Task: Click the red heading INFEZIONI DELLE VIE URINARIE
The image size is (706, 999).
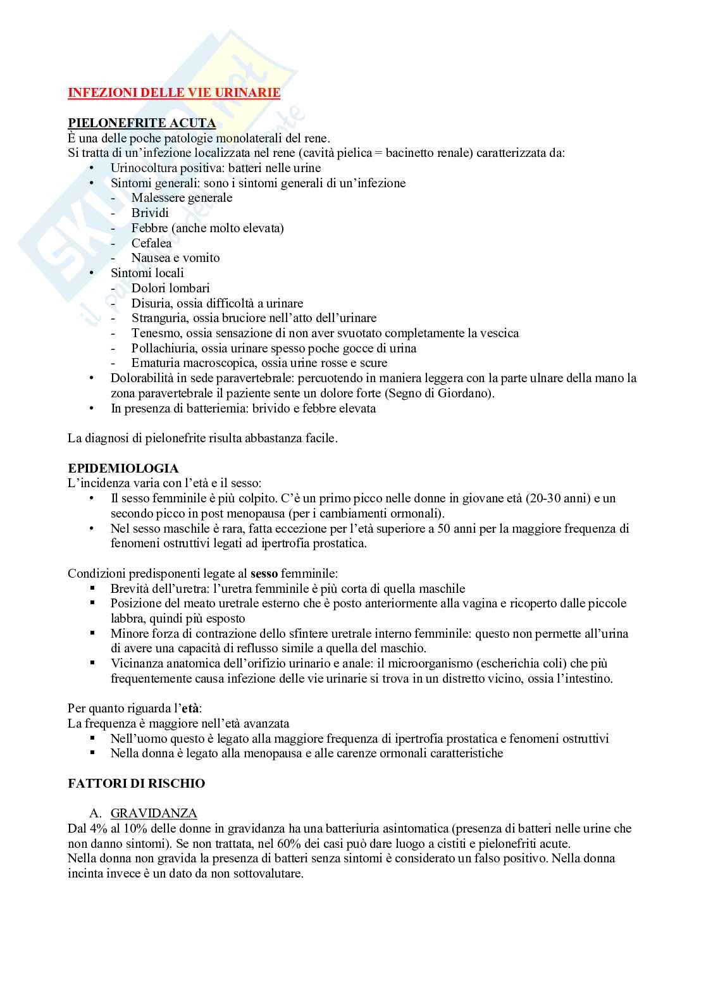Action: [174, 93]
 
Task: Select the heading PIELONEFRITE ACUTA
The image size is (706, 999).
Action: [142, 123]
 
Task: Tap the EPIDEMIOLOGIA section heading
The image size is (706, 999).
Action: [123, 469]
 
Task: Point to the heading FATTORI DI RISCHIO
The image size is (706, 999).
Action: [136, 783]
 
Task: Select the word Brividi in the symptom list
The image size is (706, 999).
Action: [150, 213]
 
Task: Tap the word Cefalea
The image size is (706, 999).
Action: [151, 243]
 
